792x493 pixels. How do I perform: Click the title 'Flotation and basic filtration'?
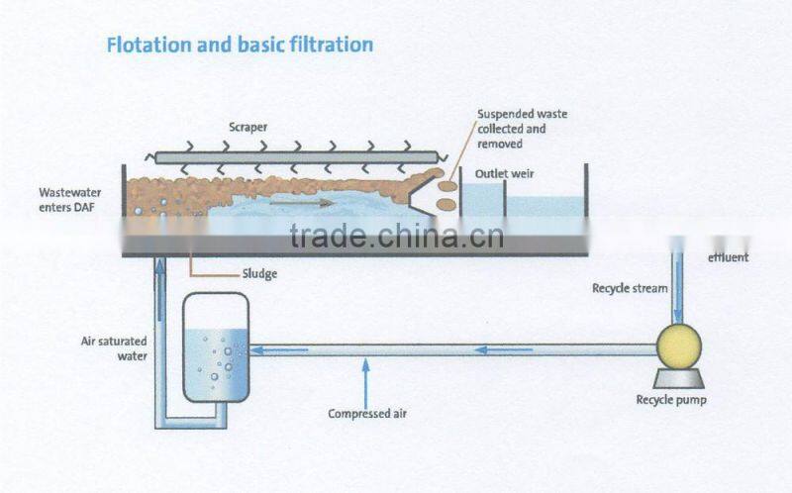coord(240,45)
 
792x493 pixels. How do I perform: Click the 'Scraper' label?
coord(247,128)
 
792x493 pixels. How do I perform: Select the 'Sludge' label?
coord(260,274)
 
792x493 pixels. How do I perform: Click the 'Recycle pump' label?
coord(670,400)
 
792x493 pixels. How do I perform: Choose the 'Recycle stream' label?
coord(630,288)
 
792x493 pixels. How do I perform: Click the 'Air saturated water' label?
coord(115,347)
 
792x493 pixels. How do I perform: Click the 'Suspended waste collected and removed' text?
coord(522,129)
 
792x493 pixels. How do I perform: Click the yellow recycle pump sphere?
coord(679,346)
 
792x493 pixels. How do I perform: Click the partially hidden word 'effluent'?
coord(729,258)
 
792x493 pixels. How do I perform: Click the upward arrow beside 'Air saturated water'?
coord(160,297)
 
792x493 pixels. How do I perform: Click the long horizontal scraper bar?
coord(297,156)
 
